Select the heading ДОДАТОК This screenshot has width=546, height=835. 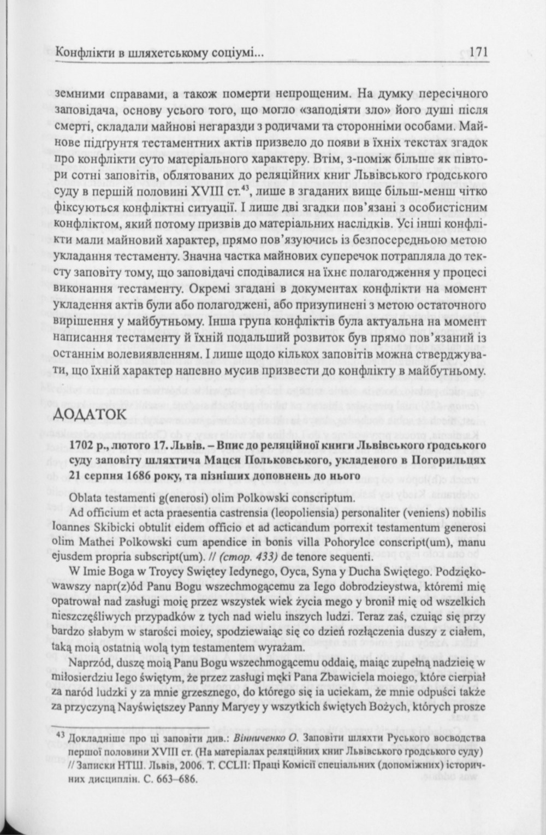point(91,414)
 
